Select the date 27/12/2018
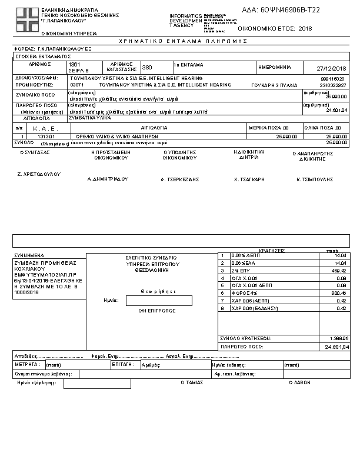click(x=332, y=69)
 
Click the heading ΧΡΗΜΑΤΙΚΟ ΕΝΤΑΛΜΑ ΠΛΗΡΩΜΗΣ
click(x=180, y=44)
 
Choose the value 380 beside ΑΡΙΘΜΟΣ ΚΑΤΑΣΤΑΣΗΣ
click(x=147, y=67)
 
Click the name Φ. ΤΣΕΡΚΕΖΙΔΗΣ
click(x=180, y=178)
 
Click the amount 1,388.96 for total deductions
click(x=340, y=338)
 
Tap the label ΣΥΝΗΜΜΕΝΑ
click(x=28, y=255)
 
